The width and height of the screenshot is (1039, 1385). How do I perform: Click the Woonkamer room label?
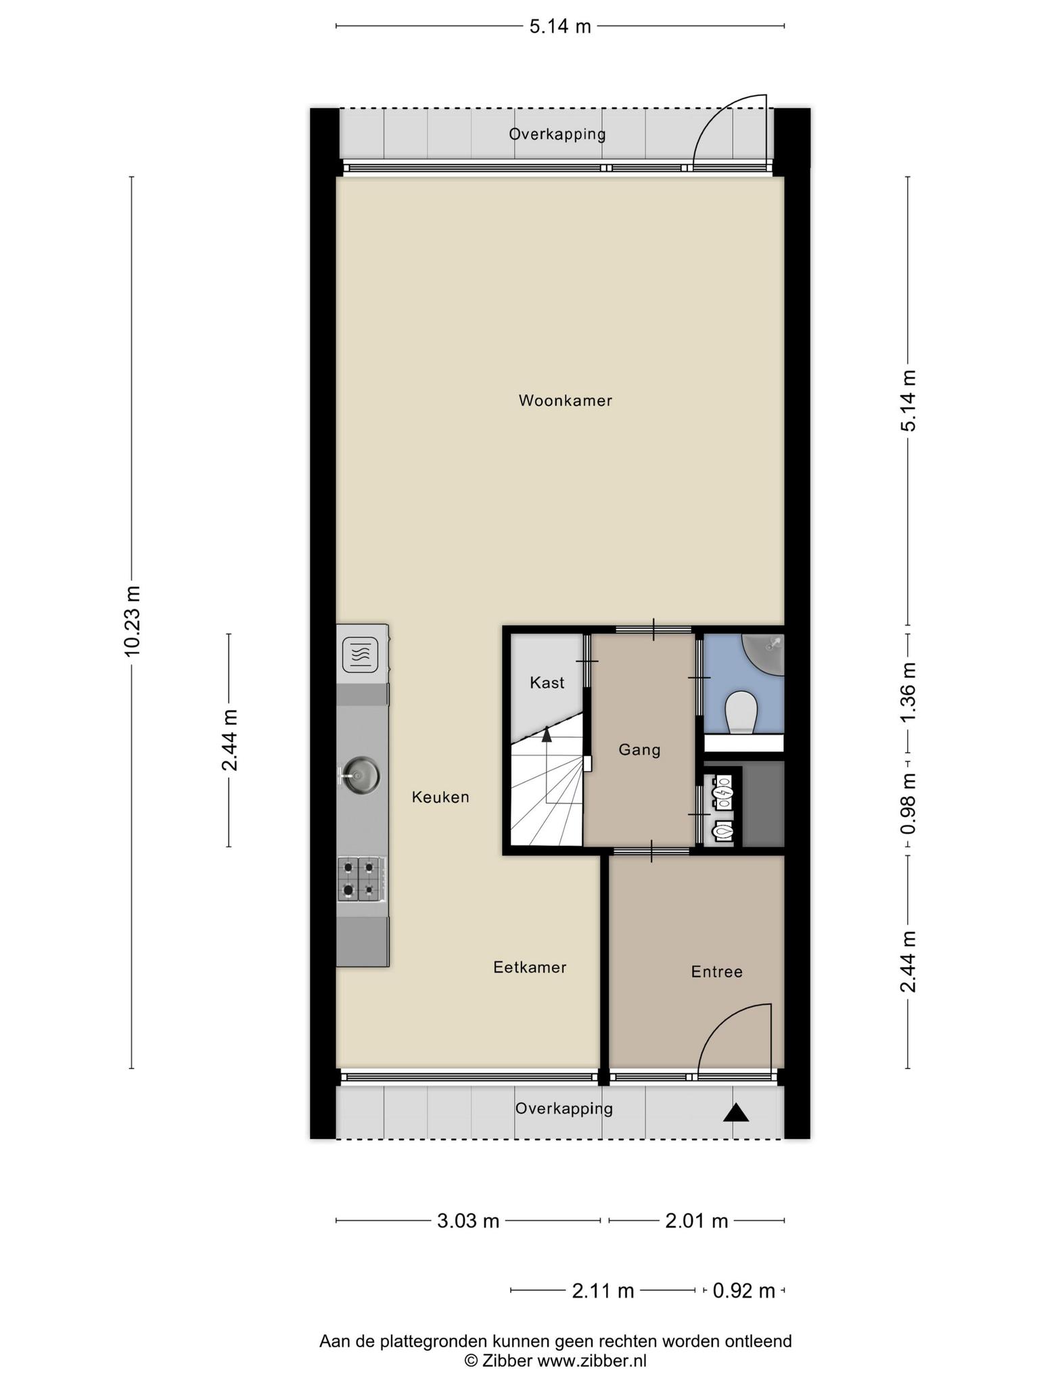click(x=565, y=400)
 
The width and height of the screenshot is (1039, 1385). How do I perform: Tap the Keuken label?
click(x=440, y=797)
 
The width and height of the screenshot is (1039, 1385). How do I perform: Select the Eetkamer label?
click(x=530, y=968)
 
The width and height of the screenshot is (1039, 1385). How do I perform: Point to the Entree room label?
click(x=717, y=972)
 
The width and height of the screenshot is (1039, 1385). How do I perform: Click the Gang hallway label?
click(x=639, y=750)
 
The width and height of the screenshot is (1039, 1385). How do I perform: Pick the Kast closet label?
click(x=547, y=683)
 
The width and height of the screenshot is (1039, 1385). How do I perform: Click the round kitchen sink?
click(x=360, y=775)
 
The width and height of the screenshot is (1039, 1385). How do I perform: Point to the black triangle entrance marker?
click(x=736, y=1113)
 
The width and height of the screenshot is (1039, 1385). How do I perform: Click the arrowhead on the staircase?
click(x=547, y=734)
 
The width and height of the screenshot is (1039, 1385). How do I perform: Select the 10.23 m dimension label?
click(x=132, y=621)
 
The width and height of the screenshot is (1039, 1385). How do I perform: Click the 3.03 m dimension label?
click(x=468, y=1221)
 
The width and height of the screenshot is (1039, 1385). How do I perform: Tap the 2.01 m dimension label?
click(x=697, y=1221)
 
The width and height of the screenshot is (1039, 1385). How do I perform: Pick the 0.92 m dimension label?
click(x=744, y=1291)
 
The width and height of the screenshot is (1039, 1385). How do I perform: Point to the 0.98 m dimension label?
click(x=908, y=803)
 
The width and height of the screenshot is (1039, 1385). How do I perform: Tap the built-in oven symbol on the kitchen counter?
click(x=360, y=655)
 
